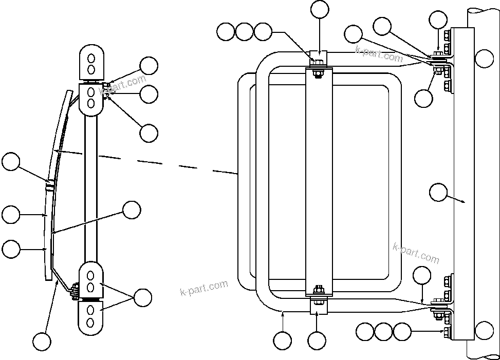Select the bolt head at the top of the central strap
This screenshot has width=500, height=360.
point(317,63)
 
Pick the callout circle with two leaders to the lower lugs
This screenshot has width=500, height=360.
point(142,297)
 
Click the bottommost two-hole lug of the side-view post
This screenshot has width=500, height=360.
point(90,317)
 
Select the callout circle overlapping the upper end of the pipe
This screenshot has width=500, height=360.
point(484,59)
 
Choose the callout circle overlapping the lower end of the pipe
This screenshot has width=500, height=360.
point(484,329)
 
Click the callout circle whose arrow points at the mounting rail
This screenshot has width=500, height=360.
point(438,193)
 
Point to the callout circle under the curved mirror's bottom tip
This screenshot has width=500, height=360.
point(42,340)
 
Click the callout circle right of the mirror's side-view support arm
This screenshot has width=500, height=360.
point(132,210)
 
